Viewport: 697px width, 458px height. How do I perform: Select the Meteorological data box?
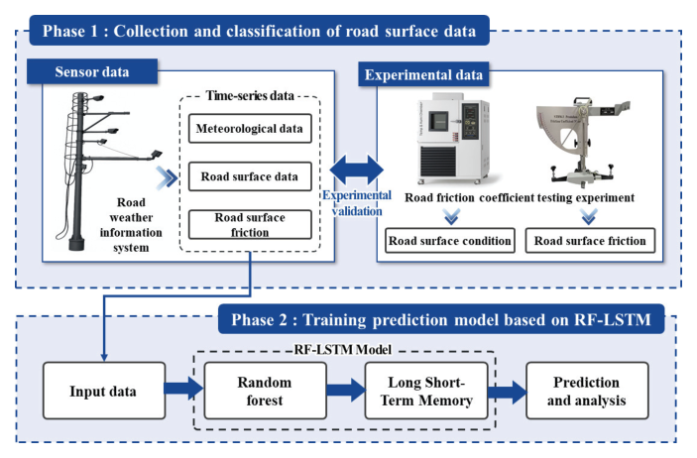(248, 128)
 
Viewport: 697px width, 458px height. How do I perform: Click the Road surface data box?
(248, 175)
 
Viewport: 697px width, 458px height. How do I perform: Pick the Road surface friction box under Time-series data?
(248, 225)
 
